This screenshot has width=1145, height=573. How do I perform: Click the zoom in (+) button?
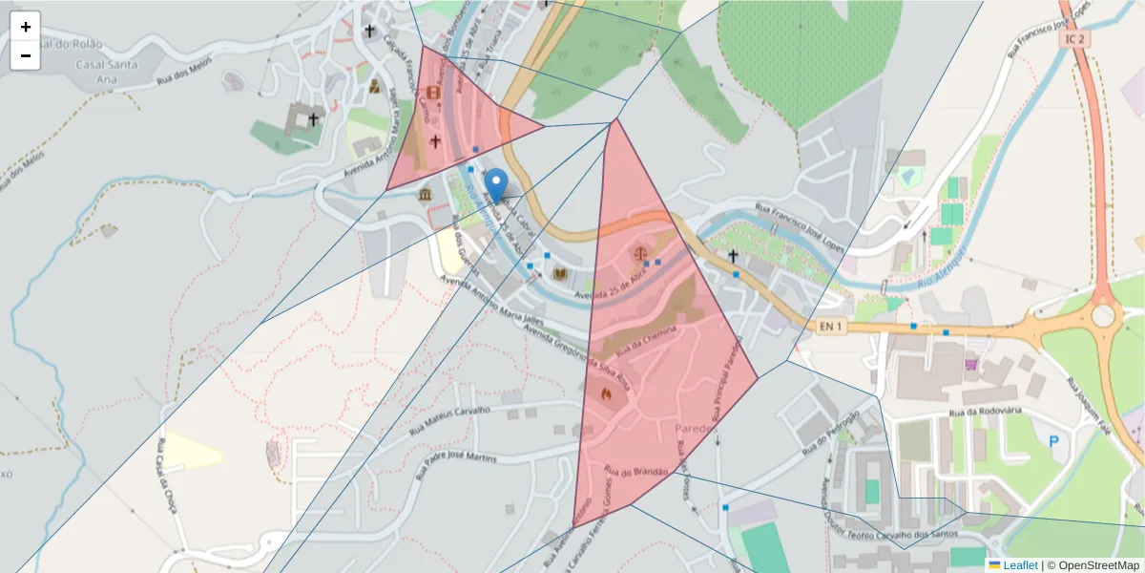point(26,27)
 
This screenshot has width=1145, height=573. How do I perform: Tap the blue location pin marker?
point(496,184)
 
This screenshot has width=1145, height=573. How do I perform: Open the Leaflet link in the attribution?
point(1019,564)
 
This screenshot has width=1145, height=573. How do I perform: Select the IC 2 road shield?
point(1075,38)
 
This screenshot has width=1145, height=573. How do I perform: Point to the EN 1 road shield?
point(831,327)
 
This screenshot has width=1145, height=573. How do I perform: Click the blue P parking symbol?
point(1054,441)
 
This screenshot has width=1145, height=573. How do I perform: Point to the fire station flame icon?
point(606,392)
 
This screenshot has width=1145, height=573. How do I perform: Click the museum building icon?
point(424,195)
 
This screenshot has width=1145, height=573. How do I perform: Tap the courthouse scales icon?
point(640,254)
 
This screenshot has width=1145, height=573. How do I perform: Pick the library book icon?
point(561,275)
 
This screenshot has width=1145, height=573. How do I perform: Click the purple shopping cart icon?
point(971,363)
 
